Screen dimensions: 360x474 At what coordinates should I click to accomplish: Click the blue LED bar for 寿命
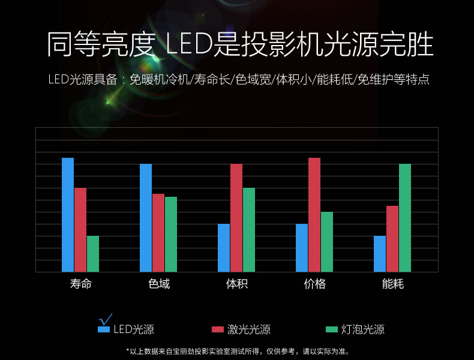coord(68,215)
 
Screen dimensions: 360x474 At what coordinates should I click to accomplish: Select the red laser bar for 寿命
coord(80,230)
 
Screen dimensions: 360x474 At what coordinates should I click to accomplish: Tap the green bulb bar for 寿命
coord(92,254)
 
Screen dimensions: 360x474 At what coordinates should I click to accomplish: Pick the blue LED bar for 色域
coord(146,218)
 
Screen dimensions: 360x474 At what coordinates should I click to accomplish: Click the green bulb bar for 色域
coord(171,234)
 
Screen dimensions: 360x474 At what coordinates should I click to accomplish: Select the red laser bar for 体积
coord(236,218)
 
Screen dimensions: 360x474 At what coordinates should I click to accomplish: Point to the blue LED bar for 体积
coord(224,248)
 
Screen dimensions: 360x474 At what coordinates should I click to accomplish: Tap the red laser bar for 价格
coord(314,215)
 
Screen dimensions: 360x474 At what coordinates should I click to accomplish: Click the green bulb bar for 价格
coord(327,242)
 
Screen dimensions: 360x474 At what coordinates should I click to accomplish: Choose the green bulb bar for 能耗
coord(405,218)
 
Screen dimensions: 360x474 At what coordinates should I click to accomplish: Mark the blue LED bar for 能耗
coord(380,254)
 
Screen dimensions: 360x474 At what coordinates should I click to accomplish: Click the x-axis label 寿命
coord(81,284)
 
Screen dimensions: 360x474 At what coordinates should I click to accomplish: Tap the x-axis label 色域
coord(159,284)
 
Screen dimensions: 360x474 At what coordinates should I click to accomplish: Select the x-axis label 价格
coord(315,284)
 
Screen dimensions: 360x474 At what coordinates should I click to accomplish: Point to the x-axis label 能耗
coord(393,284)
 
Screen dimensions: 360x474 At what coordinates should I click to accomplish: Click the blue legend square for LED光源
coord(104,329)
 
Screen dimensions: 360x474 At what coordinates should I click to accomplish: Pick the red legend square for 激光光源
coord(218,329)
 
